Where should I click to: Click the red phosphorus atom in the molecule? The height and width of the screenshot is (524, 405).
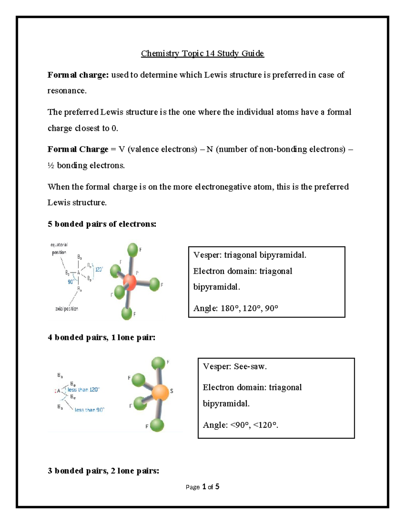(130, 282)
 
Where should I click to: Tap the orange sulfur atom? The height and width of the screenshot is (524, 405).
(160, 392)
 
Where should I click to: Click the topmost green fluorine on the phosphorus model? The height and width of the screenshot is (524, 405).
(133, 250)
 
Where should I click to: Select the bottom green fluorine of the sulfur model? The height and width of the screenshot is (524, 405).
(157, 425)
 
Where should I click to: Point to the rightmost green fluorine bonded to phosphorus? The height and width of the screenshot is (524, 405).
(154, 284)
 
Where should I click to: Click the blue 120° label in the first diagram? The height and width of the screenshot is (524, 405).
(99, 270)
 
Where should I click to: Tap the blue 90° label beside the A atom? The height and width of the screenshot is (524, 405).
(71, 282)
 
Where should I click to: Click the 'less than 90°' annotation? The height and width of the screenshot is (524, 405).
(89, 410)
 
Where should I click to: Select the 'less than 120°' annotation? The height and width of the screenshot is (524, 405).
(83, 390)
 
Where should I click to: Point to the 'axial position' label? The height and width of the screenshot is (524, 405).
(66, 309)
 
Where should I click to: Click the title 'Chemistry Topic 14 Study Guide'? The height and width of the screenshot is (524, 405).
(202, 53)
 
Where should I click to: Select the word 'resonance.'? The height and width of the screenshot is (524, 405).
(67, 90)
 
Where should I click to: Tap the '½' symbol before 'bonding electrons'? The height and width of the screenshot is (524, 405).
(51, 165)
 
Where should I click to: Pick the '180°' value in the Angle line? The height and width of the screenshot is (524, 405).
(230, 308)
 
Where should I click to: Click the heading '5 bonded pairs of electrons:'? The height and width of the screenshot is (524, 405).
(102, 224)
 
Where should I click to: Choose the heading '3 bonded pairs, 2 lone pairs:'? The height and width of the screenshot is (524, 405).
(103, 471)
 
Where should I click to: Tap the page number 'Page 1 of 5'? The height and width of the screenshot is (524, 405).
(202, 487)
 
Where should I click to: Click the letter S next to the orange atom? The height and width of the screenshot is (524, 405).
(171, 391)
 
